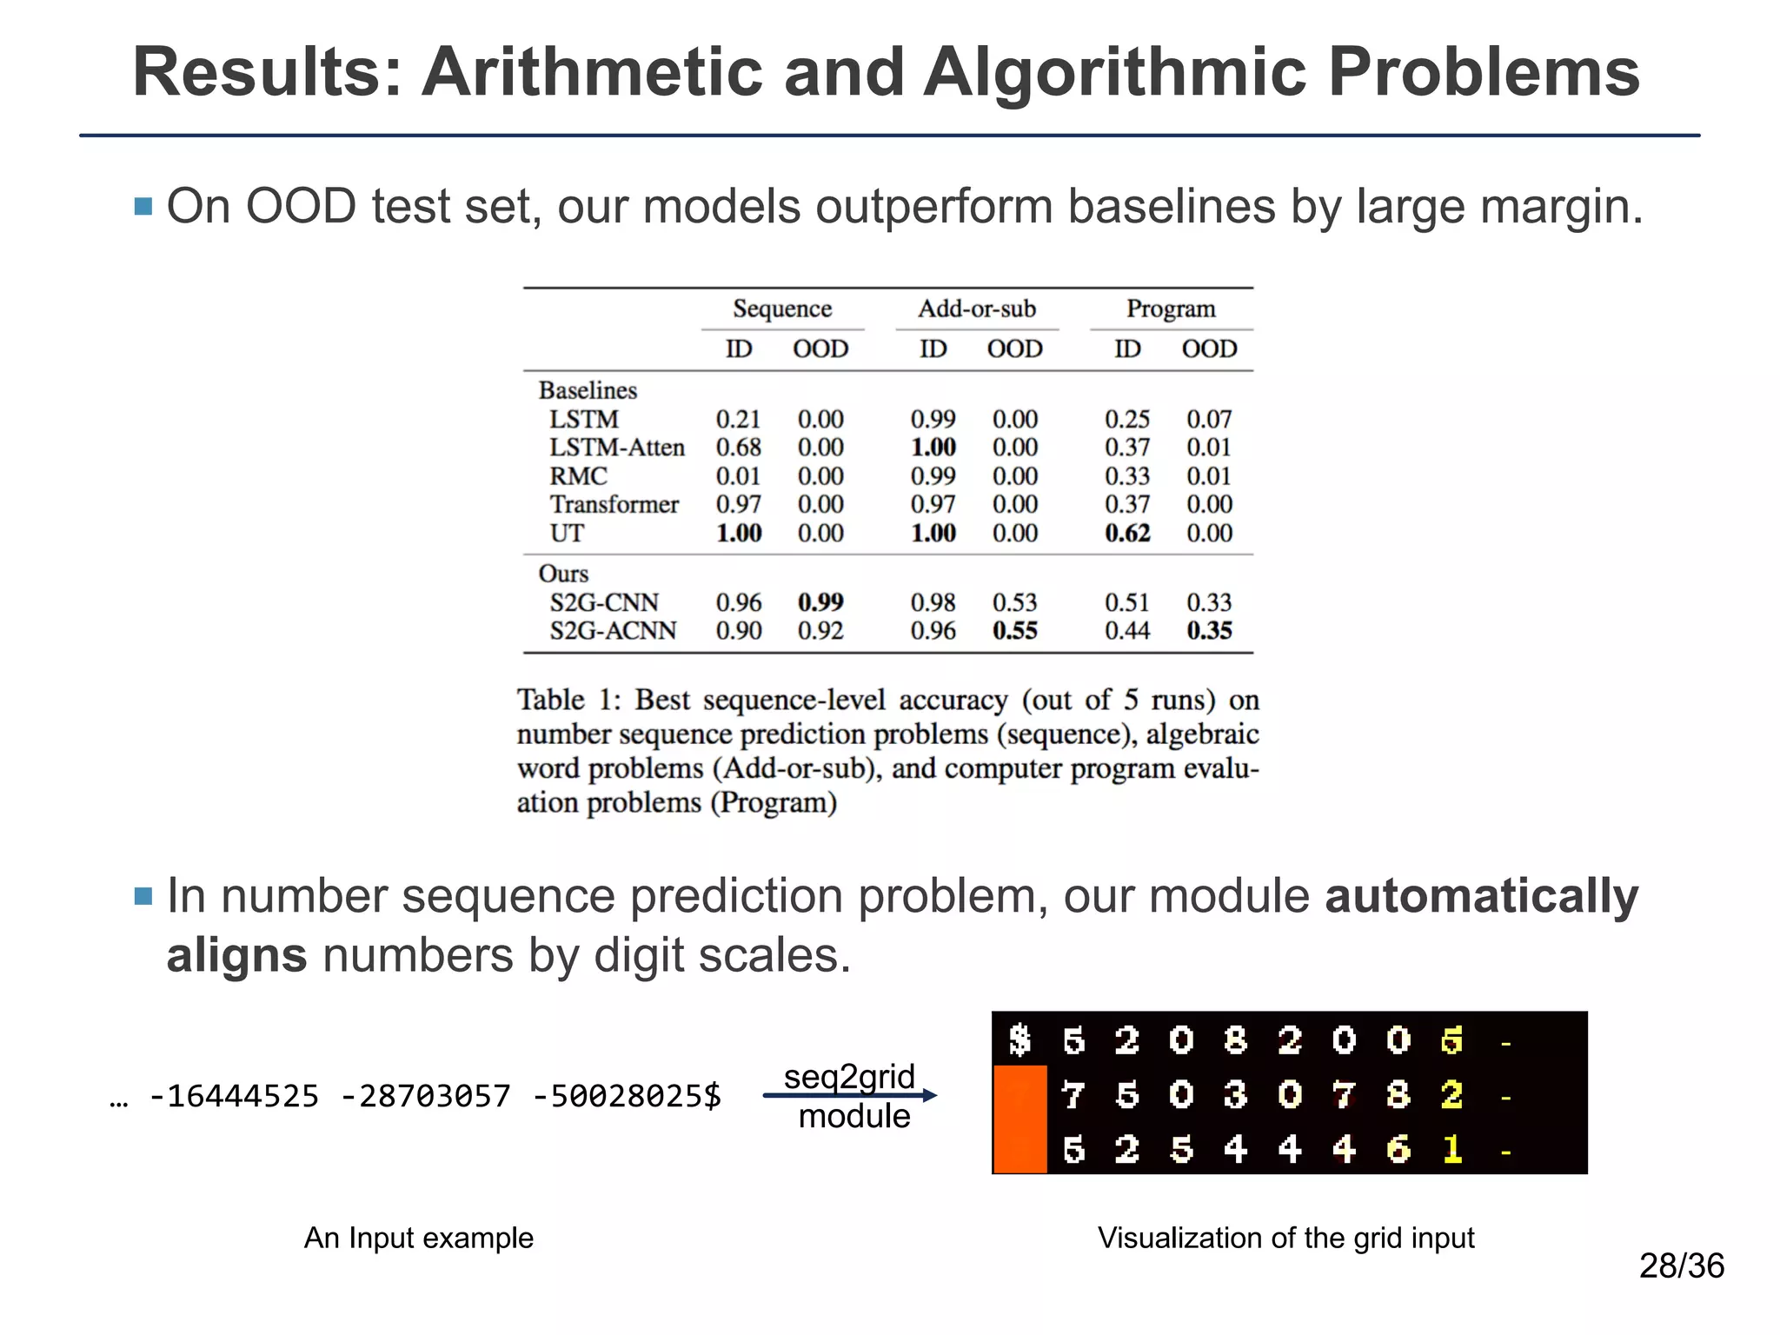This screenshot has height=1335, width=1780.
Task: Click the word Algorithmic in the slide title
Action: tap(1114, 73)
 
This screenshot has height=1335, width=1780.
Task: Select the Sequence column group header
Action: tap(782, 309)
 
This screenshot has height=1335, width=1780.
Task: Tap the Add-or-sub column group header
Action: tap(977, 309)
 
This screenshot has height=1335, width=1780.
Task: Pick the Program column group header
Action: tap(1171, 309)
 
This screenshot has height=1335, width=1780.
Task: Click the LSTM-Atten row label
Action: tap(617, 448)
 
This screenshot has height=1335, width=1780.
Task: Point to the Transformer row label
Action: tap(614, 505)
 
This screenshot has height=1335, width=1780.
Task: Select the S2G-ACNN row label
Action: tap(613, 631)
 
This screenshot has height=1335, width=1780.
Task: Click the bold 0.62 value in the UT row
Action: tap(1127, 534)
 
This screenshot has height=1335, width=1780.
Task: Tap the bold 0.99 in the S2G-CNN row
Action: tap(820, 602)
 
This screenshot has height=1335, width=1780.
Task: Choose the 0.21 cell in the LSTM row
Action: tap(738, 420)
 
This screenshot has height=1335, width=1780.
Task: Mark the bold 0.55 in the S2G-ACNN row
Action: tap(1015, 631)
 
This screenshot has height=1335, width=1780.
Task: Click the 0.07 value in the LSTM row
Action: tap(1209, 420)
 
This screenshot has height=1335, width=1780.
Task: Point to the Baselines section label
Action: tap(588, 391)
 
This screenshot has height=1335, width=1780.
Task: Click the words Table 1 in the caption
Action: tap(569, 701)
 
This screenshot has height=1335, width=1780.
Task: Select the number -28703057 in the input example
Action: tap(426, 1097)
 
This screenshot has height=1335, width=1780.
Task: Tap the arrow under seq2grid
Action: tap(849, 1096)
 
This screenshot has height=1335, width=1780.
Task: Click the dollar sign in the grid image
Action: tap(1020, 1039)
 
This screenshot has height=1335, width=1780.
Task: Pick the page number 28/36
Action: tap(1681, 1266)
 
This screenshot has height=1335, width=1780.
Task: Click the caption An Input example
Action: tap(418, 1238)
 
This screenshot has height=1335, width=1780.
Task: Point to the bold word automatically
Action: tap(1481, 897)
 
